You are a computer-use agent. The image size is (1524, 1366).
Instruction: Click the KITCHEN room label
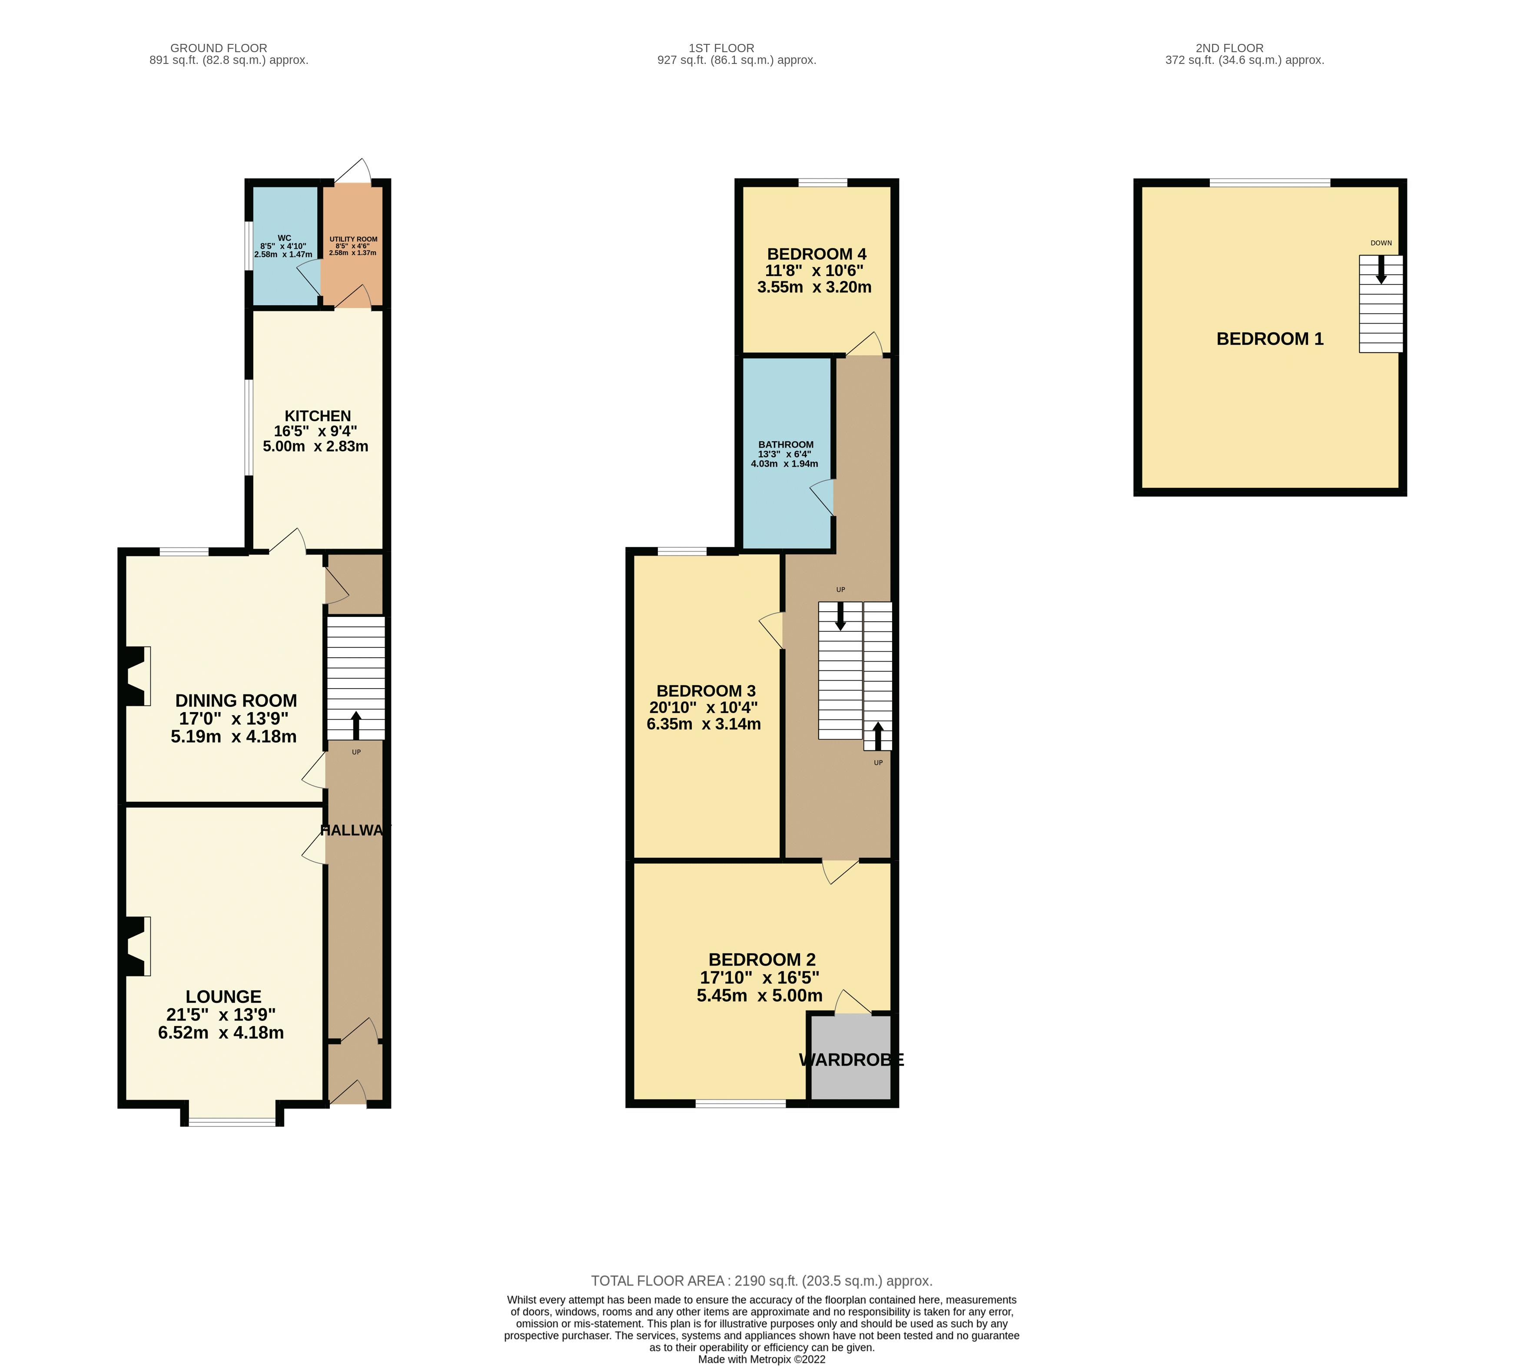(317, 416)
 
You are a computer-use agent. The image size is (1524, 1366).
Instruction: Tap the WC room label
(284, 238)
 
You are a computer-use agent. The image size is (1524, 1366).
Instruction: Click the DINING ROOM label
(236, 700)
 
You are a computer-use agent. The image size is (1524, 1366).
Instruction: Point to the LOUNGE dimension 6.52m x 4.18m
(221, 1033)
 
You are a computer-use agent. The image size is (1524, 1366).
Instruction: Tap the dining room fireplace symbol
(136, 676)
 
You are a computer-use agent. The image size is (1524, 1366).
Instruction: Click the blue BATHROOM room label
(786, 444)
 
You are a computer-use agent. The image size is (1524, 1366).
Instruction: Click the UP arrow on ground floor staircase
(355, 725)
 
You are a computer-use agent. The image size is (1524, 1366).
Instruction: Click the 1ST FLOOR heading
(721, 48)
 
